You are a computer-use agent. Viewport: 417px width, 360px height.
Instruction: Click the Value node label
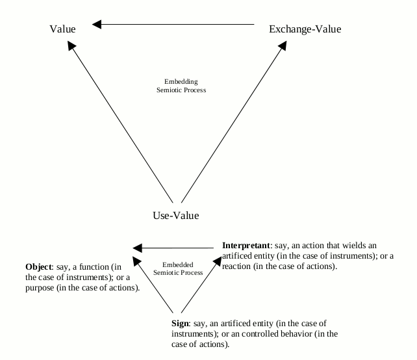62,29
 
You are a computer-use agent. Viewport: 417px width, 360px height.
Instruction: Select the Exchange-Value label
305,29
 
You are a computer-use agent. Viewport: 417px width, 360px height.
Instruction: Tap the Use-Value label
175,215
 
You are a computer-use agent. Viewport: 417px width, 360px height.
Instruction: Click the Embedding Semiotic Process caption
181,86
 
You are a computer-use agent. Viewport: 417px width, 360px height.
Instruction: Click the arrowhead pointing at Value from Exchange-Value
96,25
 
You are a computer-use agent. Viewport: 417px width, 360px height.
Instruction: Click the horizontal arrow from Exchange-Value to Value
175,25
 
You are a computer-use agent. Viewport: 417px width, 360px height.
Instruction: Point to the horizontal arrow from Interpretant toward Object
175,248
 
